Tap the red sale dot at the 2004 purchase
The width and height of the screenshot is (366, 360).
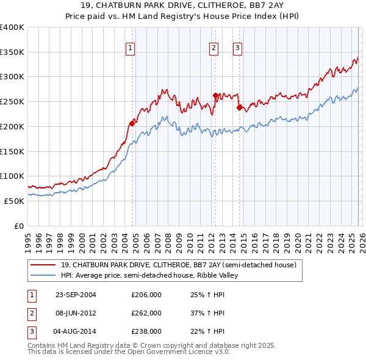pyautogui.click(x=132, y=123)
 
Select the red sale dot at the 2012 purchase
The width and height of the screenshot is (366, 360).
pyautogui.click(x=215, y=95)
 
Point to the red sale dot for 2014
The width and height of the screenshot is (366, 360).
pyautogui.click(x=239, y=107)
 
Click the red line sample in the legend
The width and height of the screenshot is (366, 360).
pyautogui.click(x=43, y=265)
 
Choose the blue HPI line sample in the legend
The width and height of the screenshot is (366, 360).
pyautogui.click(x=43, y=275)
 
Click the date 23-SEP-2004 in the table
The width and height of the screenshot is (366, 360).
pyautogui.click(x=76, y=294)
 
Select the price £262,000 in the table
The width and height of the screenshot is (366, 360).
pyautogui.click(x=146, y=313)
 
